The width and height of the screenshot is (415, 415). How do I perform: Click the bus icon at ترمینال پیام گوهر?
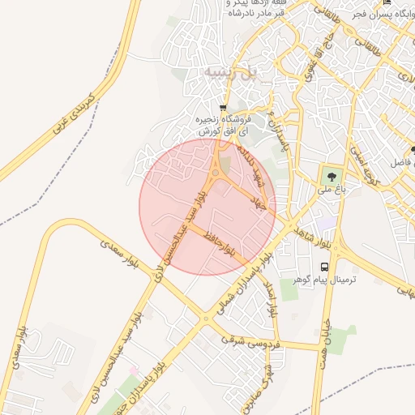coord(325,267)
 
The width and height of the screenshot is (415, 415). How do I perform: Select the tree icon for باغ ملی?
coord(331,174)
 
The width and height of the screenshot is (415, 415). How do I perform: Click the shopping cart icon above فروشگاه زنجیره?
coord(223,107)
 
